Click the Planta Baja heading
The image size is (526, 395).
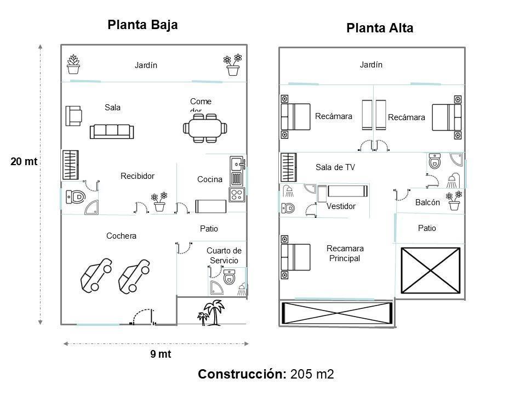[142, 25]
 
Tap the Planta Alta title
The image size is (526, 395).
[380, 29]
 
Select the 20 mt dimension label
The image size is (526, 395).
[24, 162]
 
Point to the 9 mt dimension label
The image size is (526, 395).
[161, 354]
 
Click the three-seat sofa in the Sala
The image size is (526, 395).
[112, 131]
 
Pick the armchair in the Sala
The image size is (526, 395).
[73, 115]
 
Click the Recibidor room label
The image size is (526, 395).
[138, 176]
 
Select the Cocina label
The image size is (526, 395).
[209, 179]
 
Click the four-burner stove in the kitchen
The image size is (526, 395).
[237, 195]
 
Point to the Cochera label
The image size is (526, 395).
[121, 236]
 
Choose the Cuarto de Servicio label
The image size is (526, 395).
[224, 255]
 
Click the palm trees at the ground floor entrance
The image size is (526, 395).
[211, 313]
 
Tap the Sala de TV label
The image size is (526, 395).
[335, 168]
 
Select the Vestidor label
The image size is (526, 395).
[341, 207]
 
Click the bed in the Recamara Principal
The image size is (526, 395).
[295, 257]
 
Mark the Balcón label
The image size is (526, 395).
[427, 202]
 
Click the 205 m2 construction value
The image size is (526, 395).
[312, 375]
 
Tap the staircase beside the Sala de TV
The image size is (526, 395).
[288, 167]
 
